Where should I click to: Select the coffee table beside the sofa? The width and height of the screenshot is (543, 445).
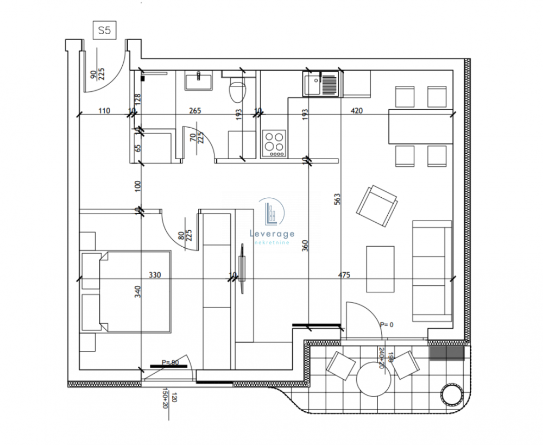pyautogui.click(x=380, y=269)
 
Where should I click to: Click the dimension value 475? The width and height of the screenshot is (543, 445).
pyautogui.click(x=344, y=275)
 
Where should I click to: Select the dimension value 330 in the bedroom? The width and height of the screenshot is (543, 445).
pyautogui.click(x=155, y=275)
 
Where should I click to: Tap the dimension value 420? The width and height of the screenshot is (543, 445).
pyautogui.click(x=357, y=111)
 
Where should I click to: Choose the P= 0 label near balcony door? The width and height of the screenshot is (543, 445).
pyautogui.click(x=386, y=324)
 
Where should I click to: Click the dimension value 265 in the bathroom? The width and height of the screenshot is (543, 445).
pyautogui.click(x=195, y=111)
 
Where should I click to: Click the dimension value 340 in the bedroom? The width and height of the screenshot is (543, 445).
pyautogui.click(x=138, y=292)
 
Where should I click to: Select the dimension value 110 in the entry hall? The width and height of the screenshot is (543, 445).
pyautogui.click(x=104, y=111)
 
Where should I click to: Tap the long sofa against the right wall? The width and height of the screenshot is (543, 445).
pyautogui.click(x=432, y=271)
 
